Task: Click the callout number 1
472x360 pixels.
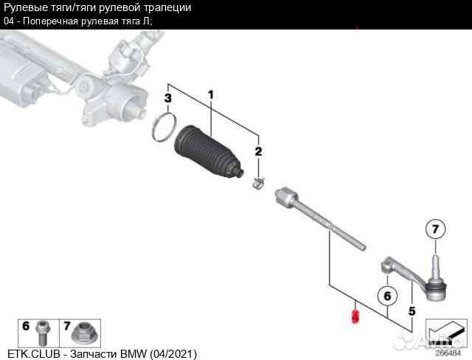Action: pos(210,94)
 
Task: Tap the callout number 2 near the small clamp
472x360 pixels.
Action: pos(258,152)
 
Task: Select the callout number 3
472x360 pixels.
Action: pos(167,98)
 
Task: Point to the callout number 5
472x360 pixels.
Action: pos(412,311)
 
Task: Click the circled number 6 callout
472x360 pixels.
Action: pos(383,296)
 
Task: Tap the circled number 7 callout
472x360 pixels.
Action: pos(435,230)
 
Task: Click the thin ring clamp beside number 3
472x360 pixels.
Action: pos(164,127)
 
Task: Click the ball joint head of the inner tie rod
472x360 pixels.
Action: pos(285,197)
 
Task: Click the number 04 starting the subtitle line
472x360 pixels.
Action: pos(9,21)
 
